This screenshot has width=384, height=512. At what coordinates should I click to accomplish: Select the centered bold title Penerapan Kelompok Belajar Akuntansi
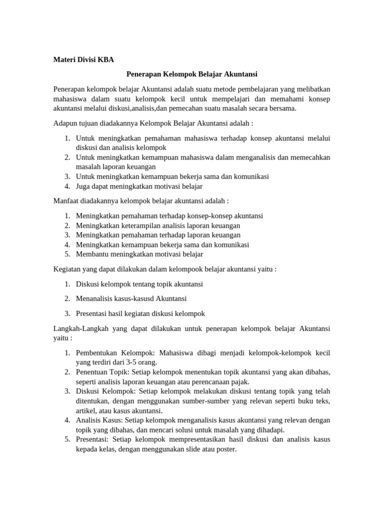(191, 74)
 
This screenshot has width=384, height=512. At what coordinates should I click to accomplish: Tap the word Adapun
(65, 123)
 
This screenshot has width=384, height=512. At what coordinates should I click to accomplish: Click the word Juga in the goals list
(83, 186)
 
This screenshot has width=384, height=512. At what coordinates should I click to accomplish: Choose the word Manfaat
(66, 200)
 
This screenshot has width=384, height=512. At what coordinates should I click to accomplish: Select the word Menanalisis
(94, 298)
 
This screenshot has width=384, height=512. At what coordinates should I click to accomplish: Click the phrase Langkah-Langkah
(81, 328)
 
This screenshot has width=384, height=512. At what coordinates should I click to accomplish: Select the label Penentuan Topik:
(102, 372)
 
